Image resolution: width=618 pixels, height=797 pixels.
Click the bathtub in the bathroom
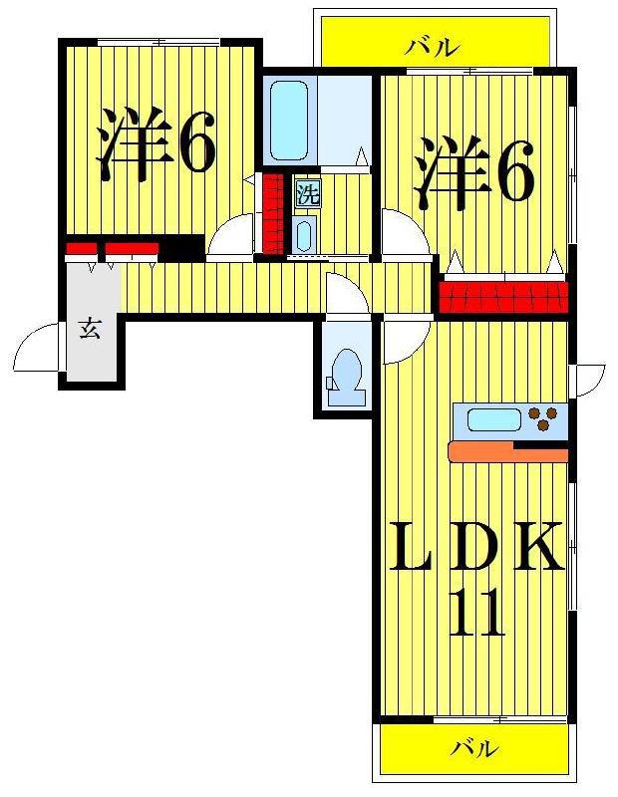289,122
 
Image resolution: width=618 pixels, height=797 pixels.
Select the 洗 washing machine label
308,194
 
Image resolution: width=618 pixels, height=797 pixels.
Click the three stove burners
542,417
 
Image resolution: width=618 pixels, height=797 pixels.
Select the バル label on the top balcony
432,48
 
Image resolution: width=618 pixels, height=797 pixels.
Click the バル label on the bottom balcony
473,748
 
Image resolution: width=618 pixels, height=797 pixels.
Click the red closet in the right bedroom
503,297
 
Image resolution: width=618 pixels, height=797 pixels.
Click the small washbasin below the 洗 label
304,234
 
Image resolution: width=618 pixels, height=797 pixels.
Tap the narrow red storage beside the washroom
273,213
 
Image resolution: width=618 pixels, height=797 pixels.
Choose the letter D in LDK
476,545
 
